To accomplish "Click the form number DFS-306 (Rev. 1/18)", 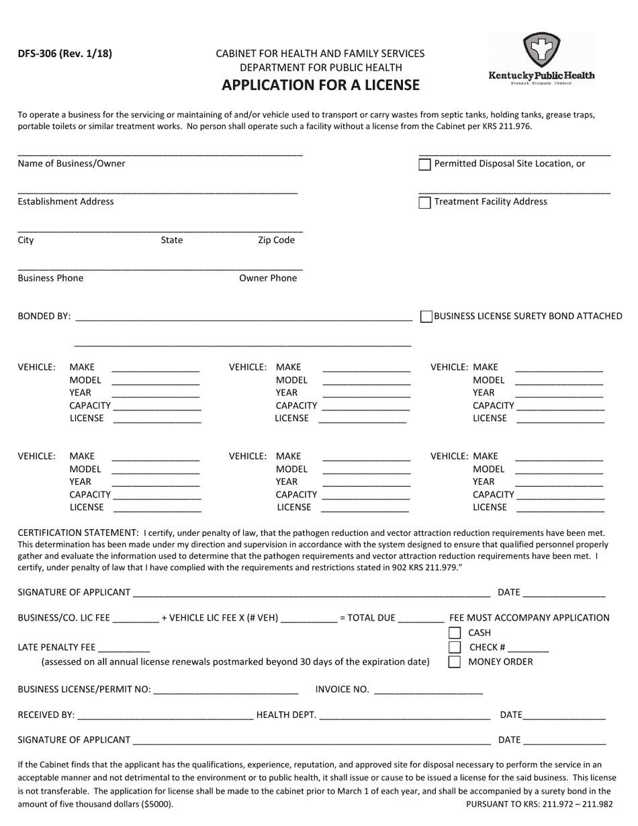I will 65,54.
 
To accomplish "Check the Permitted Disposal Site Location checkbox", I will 424,165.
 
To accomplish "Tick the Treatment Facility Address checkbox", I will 424,203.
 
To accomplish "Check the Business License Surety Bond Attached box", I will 426,316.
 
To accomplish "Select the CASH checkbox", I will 455,633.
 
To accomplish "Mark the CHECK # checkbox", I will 455,647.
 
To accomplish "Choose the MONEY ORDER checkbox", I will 455,662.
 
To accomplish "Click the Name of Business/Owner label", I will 71,164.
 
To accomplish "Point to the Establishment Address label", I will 66,201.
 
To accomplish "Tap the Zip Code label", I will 276,240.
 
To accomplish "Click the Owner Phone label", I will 268,278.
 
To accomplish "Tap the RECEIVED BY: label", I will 46,715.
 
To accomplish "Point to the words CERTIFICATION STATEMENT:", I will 78,533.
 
